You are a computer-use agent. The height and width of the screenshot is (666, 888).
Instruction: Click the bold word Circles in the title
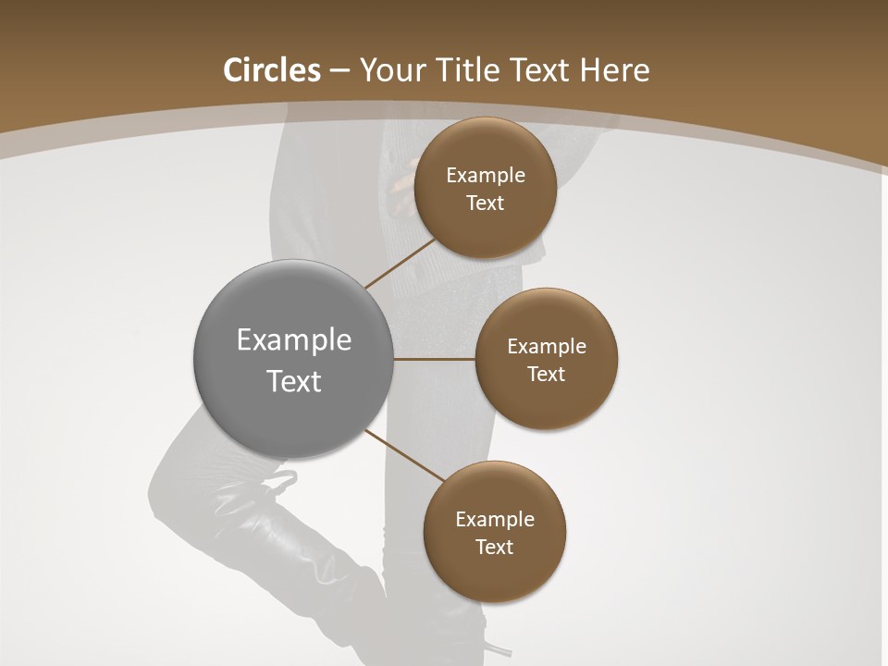pyautogui.click(x=272, y=70)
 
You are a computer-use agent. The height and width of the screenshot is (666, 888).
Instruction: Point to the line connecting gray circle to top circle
pyautogui.click(x=400, y=264)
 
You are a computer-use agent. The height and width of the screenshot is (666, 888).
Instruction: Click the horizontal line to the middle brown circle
pyautogui.click(x=435, y=359)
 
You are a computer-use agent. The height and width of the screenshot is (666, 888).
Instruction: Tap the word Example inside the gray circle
pyautogui.click(x=294, y=340)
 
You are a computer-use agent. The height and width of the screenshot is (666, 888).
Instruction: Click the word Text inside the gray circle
pyautogui.click(x=294, y=381)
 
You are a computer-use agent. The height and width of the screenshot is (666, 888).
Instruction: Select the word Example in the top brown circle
pyautogui.click(x=486, y=176)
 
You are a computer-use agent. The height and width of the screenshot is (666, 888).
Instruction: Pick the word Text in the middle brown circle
pyautogui.click(x=546, y=375)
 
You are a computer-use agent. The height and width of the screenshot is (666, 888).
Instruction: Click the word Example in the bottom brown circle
pyautogui.click(x=495, y=520)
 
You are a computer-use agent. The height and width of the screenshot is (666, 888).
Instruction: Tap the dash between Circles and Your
pyautogui.click(x=339, y=71)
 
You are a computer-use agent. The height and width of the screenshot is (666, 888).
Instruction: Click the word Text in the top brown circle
pyautogui.click(x=485, y=203)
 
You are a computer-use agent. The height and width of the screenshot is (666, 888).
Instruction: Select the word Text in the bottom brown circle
pyautogui.click(x=494, y=548)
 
